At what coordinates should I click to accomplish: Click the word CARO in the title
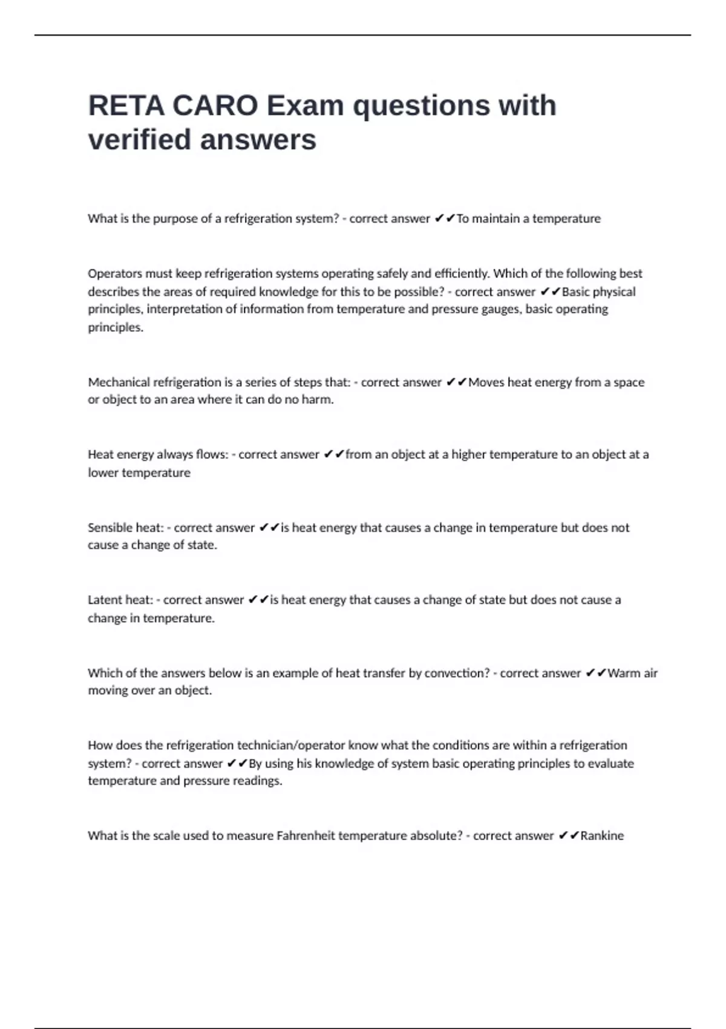(215, 106)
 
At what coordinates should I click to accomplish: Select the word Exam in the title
(306, 106)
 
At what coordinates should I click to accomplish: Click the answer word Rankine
(602, 836)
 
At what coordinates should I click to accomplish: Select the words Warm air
(632, 673)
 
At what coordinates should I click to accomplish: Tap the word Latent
(103, 600)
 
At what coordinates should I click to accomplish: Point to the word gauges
(499, 309)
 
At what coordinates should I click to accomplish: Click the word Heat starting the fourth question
(100, 455)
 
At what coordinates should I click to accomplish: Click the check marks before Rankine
(569, 836)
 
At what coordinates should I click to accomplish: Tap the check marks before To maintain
(445, 219)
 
